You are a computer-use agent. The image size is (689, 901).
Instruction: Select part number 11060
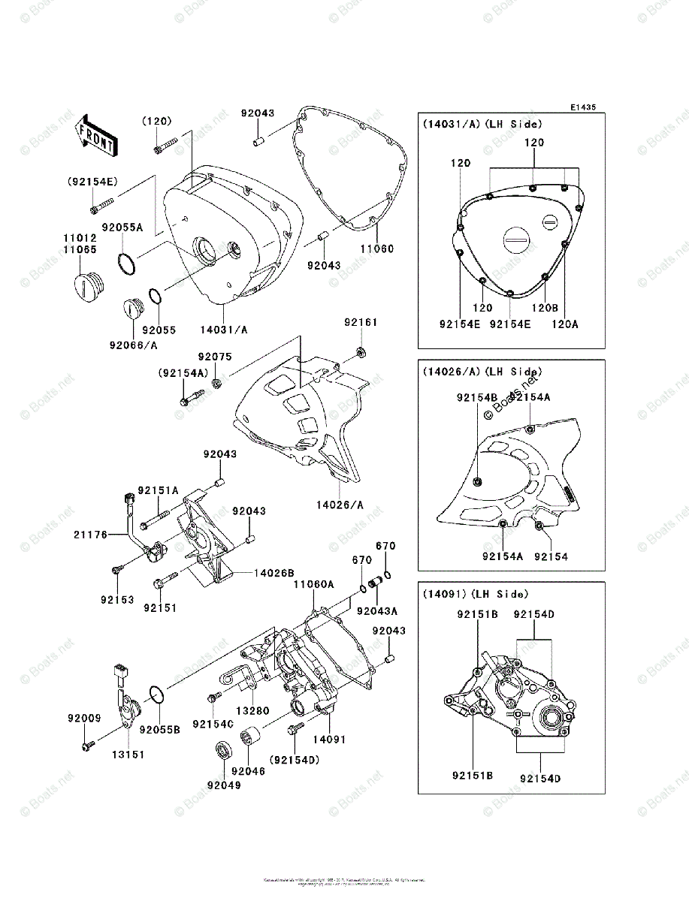[376, 249]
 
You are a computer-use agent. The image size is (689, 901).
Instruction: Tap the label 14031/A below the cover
[224, 329]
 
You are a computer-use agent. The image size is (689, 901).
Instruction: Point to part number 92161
[361, 323]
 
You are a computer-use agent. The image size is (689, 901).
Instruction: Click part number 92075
[215, 357]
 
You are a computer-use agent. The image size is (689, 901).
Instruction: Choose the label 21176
[89, 535]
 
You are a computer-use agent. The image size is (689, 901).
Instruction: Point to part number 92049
[224, 786]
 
